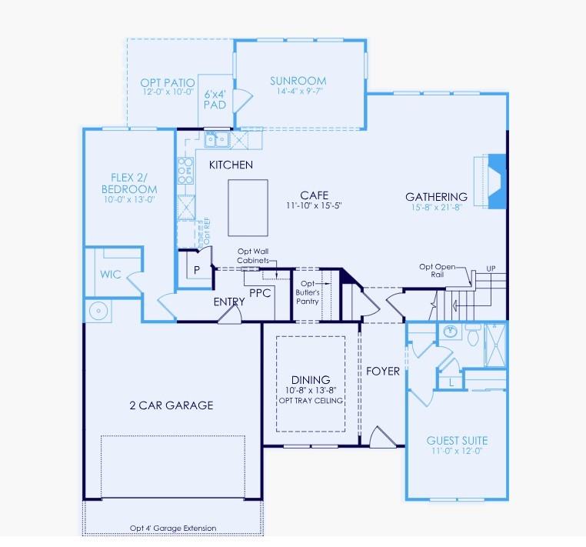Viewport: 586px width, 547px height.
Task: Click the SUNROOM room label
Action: click(x=298, y=81)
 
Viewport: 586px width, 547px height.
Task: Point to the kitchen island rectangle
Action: click(x=248, y=208)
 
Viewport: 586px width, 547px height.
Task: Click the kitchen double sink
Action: click(x=215, y=139)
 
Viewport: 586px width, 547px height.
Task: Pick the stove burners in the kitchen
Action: click(x=185, y=170)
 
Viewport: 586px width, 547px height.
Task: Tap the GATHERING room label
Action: click(x=436, y=197)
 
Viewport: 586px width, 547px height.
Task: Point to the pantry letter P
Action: click(x=197, y=270)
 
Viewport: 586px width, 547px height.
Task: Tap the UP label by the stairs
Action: click(x=491, y=268)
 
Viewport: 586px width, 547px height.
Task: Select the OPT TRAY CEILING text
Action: click(x=311, y=401)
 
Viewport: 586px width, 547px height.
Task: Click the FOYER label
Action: click(x=382, y=372)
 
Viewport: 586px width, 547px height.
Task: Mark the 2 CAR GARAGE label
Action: click(x=171, y=405)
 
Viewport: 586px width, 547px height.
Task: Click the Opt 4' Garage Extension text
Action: click(x=172, y=529)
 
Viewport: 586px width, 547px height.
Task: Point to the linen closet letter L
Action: click(x=451, y=381)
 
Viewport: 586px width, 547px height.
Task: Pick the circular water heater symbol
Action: click(x=98, y=312)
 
